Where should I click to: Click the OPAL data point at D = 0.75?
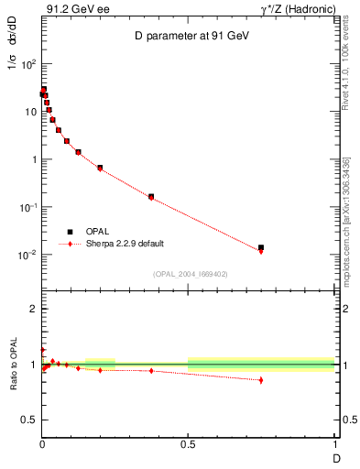[261, 247]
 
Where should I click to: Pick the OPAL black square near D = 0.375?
[151, 196]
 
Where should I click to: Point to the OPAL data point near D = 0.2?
[100, 168]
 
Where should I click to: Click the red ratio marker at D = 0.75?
[261, 380]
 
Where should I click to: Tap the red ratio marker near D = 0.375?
[151, 370]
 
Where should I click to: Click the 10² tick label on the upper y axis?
[29, 64]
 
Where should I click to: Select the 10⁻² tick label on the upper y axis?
[28, 255]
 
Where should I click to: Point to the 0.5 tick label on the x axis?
[188, 445]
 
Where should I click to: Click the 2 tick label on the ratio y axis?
[33, 310]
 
